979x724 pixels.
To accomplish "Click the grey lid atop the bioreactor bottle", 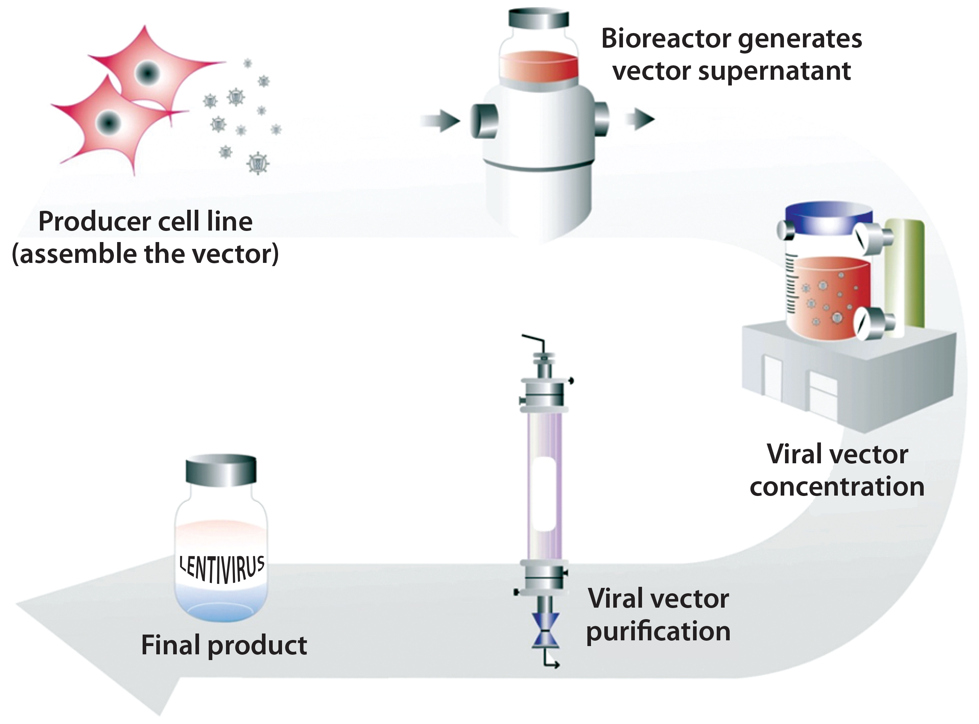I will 539,19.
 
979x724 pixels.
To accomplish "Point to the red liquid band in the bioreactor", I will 539,68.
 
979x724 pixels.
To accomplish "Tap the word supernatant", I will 774,71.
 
